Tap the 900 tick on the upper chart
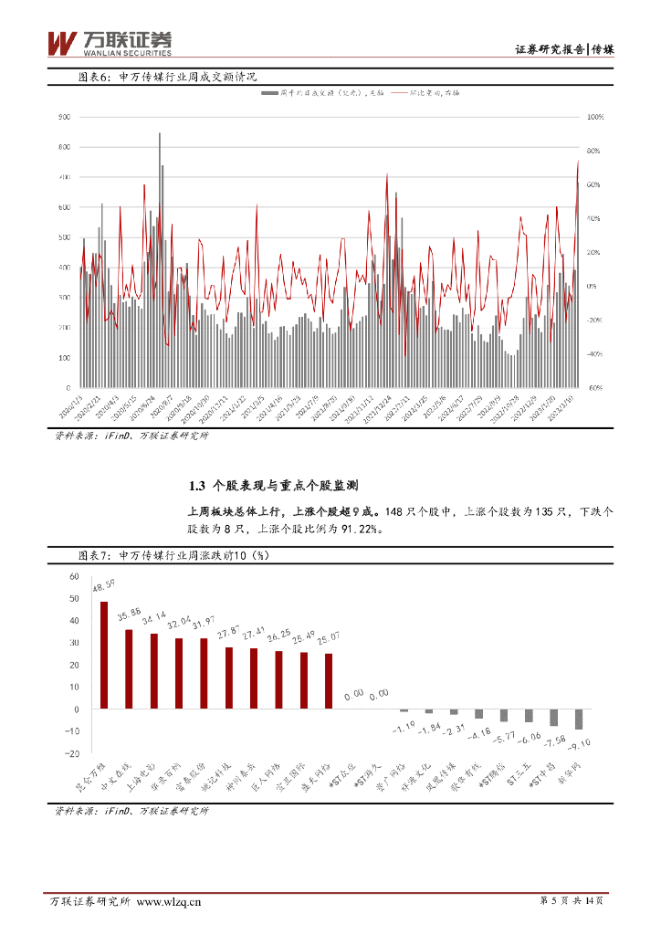(64, 117)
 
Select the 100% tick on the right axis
(593, 117)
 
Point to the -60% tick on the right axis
(593, 388)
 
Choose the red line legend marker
(399, 93)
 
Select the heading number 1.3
(194, 485)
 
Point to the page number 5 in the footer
(555, 901)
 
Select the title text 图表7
(95, 554)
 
